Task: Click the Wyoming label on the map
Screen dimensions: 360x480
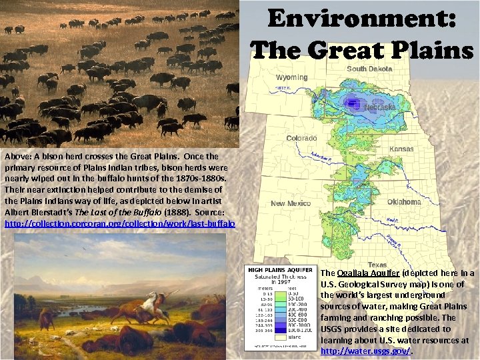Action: (291, 77)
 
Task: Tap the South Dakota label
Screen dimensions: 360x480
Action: (369, 69)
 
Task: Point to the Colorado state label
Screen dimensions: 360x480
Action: (301, 138)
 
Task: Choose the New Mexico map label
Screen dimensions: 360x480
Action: (291, 203)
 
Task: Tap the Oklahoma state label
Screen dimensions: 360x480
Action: (404, 201)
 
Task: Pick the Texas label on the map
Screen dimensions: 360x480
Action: (377, 265)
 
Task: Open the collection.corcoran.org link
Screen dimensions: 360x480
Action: (120, 225)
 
